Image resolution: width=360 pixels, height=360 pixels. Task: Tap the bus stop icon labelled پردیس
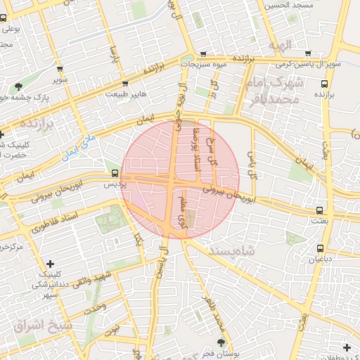115,173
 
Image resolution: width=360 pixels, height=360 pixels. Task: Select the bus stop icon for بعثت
320,210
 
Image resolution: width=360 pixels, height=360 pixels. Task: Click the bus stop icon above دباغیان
321,248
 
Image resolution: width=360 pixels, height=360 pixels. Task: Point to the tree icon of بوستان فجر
222,342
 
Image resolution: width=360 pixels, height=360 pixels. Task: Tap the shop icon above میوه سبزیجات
203,53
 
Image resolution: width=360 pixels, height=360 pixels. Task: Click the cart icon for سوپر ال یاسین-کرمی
307,53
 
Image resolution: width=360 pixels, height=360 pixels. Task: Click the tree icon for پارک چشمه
18,87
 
